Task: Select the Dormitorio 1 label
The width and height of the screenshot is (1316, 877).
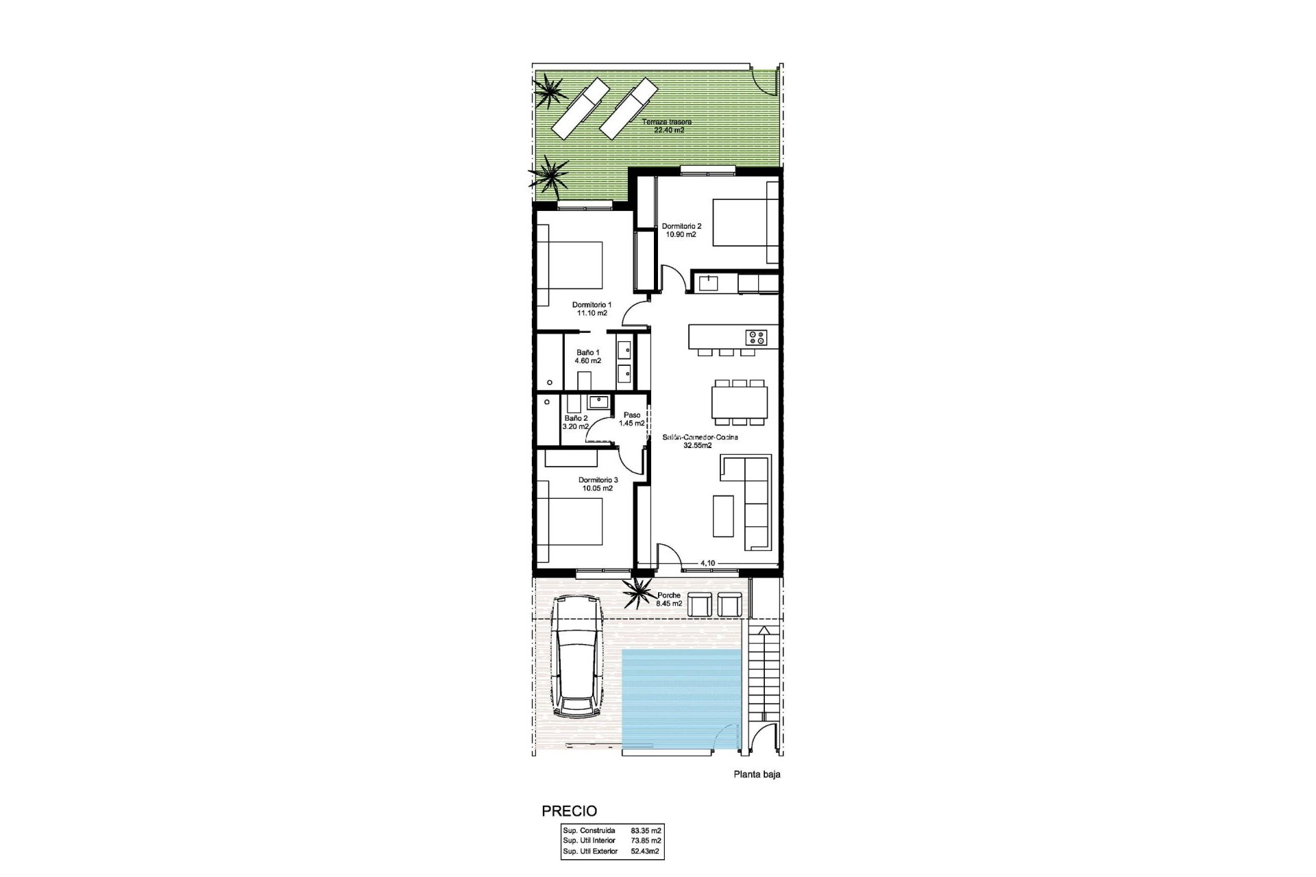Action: point(592,308)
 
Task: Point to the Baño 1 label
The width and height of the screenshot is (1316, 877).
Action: point(588,356)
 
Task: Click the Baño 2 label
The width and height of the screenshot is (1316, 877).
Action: point(576,422)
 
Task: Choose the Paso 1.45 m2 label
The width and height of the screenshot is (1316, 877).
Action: point(632,419)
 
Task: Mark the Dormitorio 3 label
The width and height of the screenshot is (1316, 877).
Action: point(598,484)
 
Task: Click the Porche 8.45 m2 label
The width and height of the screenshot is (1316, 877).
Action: point(669,600)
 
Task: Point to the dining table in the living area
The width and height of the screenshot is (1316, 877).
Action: point(740,402)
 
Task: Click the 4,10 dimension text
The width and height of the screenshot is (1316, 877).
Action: point(707,563)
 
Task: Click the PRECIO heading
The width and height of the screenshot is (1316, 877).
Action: point(569,812)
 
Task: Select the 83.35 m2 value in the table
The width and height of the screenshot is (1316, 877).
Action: point(646,830)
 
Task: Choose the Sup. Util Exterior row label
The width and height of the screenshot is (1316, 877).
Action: point(589,852)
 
